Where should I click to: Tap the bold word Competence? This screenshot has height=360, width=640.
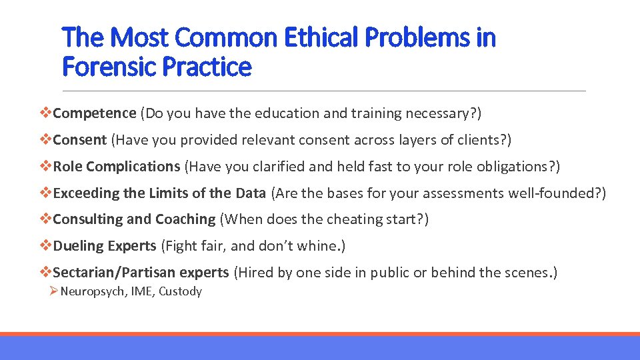(95, 113)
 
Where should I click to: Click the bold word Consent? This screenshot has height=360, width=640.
(79, 140)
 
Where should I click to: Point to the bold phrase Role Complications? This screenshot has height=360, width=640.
(116, 166)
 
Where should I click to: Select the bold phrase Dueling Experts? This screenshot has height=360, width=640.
(104, 246)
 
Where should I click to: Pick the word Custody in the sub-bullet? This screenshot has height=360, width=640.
(180, 291)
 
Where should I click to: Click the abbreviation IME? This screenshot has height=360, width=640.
(142, 291)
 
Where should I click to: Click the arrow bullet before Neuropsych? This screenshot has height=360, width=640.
(54, 291)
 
